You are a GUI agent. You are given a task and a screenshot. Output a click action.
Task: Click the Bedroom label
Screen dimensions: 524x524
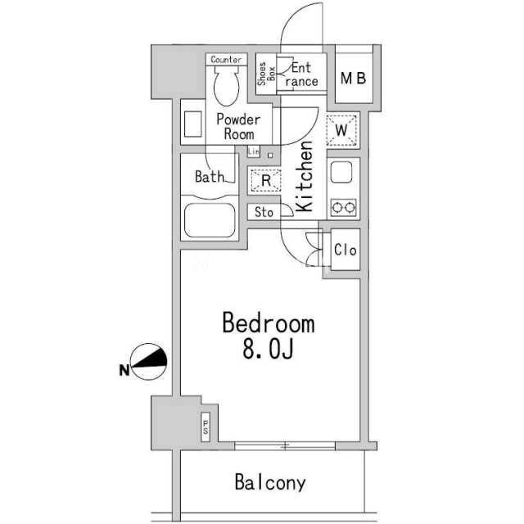tap(269, 323)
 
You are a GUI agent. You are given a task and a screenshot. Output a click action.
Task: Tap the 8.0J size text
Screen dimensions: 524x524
tap(268, 350)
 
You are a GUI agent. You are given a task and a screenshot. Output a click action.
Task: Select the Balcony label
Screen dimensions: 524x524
tap(270, 482)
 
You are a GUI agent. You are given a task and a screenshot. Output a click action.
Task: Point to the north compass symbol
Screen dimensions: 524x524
tap(148, 362)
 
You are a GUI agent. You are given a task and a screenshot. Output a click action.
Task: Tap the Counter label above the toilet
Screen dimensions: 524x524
tap(226, 60)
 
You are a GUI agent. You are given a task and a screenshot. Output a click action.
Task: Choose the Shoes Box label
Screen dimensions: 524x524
tap(266, 74)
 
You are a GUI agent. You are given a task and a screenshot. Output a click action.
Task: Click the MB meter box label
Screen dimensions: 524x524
tap(354, 79)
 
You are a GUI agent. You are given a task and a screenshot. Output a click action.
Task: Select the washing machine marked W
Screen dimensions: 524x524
tap(341, 130)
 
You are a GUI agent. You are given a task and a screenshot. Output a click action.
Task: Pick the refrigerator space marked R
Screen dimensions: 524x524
tap(266, 180)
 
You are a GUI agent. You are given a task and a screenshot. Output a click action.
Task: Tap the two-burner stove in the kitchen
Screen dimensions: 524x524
tap(343, 207)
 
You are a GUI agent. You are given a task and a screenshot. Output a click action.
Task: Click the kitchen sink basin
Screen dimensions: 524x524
tap(341, 172)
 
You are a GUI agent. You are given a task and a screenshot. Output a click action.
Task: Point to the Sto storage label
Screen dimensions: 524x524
tap(264, 212)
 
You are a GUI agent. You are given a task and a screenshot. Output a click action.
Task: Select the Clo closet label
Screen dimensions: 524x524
tap(346, 250)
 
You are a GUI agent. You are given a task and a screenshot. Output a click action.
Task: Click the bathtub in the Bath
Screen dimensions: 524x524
tap(210, 220)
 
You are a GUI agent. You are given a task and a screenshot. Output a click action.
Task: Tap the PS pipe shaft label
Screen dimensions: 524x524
tap(206, 427)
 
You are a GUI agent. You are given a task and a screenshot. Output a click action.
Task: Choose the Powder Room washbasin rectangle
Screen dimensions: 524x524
tap(193, 124)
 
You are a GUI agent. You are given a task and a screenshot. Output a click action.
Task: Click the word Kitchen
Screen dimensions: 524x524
tap(305, 177)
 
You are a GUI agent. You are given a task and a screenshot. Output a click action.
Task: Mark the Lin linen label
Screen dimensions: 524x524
tap(254, 151)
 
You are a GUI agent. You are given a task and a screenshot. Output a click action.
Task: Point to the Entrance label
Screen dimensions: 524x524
tap(301, 75)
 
